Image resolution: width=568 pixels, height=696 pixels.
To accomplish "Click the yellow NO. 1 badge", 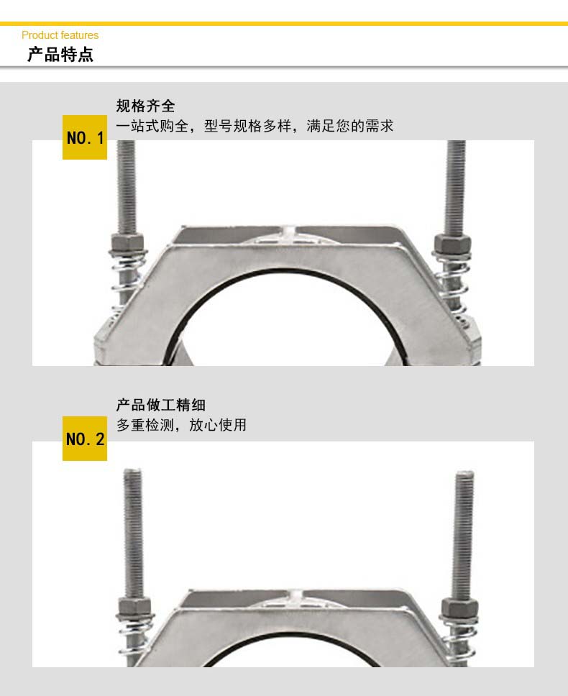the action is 85,137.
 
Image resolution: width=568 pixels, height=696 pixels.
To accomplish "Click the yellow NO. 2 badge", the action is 85,439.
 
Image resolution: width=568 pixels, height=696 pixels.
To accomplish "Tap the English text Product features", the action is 60,35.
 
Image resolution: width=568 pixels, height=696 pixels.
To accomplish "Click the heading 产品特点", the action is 60,55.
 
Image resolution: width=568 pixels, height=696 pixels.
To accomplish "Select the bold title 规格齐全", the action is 145,106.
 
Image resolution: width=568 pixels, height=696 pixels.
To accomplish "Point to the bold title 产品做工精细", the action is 160,405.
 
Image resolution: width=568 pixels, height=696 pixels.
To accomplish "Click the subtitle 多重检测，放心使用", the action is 181,425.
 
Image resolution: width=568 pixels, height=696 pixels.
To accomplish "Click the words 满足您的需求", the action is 349,126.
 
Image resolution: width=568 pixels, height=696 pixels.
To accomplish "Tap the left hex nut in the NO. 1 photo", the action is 127,242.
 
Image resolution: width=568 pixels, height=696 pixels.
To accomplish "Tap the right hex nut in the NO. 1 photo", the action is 453,244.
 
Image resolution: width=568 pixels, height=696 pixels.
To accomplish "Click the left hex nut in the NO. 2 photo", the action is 134,606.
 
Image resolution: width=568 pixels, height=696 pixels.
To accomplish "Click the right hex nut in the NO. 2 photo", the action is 459,608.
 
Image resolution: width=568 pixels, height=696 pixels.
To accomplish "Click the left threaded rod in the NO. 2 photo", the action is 133,534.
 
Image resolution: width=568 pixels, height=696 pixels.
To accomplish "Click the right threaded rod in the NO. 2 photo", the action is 464,535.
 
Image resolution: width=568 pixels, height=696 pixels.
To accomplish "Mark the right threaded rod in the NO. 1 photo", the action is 455,188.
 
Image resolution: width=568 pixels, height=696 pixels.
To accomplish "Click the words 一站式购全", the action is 152,126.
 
